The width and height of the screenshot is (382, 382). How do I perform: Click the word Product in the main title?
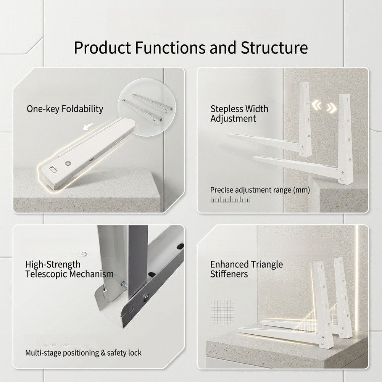103,47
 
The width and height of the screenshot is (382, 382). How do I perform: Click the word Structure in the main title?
274,47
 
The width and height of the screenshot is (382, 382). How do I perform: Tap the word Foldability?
82,109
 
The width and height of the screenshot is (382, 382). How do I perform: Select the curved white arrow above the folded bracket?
89,126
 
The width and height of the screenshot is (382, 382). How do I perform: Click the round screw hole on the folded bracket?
68,163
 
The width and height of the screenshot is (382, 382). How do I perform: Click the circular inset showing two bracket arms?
147,107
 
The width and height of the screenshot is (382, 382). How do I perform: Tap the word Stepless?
227,109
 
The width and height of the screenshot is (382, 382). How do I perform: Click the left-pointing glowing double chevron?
317,105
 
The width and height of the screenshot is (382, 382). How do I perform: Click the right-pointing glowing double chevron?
332,108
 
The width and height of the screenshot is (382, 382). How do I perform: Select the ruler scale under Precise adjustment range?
230,199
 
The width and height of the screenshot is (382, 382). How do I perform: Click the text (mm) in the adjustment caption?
301,190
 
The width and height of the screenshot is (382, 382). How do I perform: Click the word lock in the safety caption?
134,353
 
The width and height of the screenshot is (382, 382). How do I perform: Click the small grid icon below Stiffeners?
222,312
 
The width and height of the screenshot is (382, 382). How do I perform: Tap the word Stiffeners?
229,274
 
